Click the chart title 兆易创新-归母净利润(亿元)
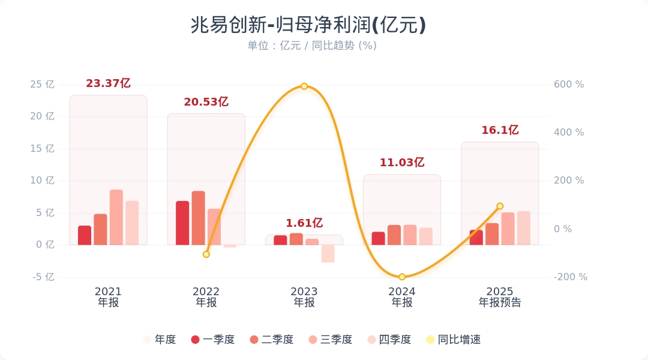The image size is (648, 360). click(308, 25)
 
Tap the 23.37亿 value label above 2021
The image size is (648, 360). click(108, 83)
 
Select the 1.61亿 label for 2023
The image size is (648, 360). click(304, 223)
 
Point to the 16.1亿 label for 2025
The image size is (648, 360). click(500, 130)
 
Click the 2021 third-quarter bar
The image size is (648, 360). click(116, 217)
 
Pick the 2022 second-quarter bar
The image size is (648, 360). click(199, 218)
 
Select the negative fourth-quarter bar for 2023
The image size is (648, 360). click(328, 253)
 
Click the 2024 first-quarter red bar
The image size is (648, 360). click(379, 238)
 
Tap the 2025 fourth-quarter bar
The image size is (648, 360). click(524, 228)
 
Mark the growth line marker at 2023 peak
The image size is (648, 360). click(304, 86)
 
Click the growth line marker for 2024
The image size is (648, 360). click(402, 277)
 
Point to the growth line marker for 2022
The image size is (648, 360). click(206, 254)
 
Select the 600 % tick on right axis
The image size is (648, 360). click(568, 85)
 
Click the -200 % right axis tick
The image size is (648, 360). click(571, 277)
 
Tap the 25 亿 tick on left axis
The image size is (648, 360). click(42, 85)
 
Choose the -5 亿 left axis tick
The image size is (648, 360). click(42, 277)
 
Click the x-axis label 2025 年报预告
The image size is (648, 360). click(500, 297)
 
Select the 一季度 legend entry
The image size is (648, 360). click(212, 340)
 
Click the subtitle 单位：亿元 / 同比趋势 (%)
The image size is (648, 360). click(312, 46)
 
